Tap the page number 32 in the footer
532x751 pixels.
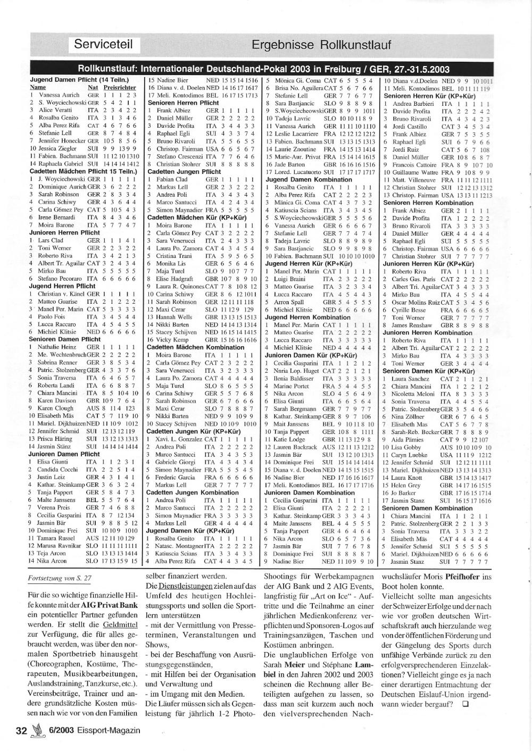point(21,730)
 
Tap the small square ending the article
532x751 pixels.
point(465,705)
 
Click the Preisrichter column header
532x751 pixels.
point(120,87)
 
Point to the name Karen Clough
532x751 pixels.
point(56,408)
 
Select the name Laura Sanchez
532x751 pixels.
point(410,379)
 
